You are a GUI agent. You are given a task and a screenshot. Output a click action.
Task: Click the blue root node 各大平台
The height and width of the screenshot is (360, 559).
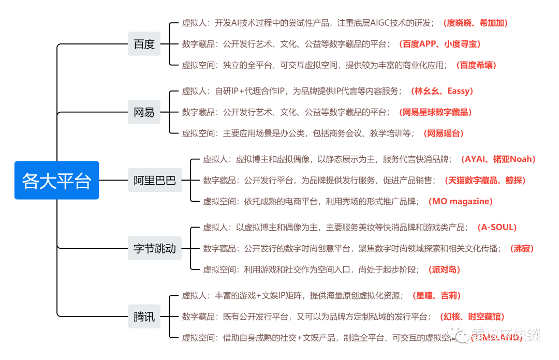(56, 181)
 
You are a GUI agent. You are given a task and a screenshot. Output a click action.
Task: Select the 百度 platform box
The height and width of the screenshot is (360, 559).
(144, 44)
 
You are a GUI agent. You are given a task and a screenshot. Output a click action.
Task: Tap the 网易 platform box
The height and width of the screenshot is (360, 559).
(144, 112)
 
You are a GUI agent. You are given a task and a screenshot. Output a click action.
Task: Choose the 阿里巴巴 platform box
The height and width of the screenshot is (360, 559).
(155, 181)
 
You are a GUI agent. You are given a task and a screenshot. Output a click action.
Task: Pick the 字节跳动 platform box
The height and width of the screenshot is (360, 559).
(155, 249)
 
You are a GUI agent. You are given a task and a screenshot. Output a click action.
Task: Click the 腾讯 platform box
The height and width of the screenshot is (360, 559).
(144, 317)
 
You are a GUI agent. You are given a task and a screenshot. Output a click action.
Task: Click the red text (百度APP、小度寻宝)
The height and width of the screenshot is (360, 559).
(439, 44)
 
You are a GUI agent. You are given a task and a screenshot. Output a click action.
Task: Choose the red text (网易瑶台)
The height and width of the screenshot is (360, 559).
(443, 133)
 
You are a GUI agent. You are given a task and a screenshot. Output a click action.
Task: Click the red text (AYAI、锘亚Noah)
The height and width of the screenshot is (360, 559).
(498, 159)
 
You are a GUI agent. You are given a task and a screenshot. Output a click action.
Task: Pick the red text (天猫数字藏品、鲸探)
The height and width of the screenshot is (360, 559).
(485, 181)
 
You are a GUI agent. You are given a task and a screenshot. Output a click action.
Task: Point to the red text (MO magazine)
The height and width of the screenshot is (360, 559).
(461, 202)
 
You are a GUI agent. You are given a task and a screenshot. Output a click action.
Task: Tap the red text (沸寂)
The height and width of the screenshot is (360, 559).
(521, 249)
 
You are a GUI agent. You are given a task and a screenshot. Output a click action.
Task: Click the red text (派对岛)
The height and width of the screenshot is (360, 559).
(444, 270)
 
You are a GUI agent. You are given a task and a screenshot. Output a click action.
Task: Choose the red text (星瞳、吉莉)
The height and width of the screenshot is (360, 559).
(436, 296)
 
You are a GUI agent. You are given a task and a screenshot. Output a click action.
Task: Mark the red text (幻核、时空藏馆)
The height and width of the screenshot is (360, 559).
(472, 317)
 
